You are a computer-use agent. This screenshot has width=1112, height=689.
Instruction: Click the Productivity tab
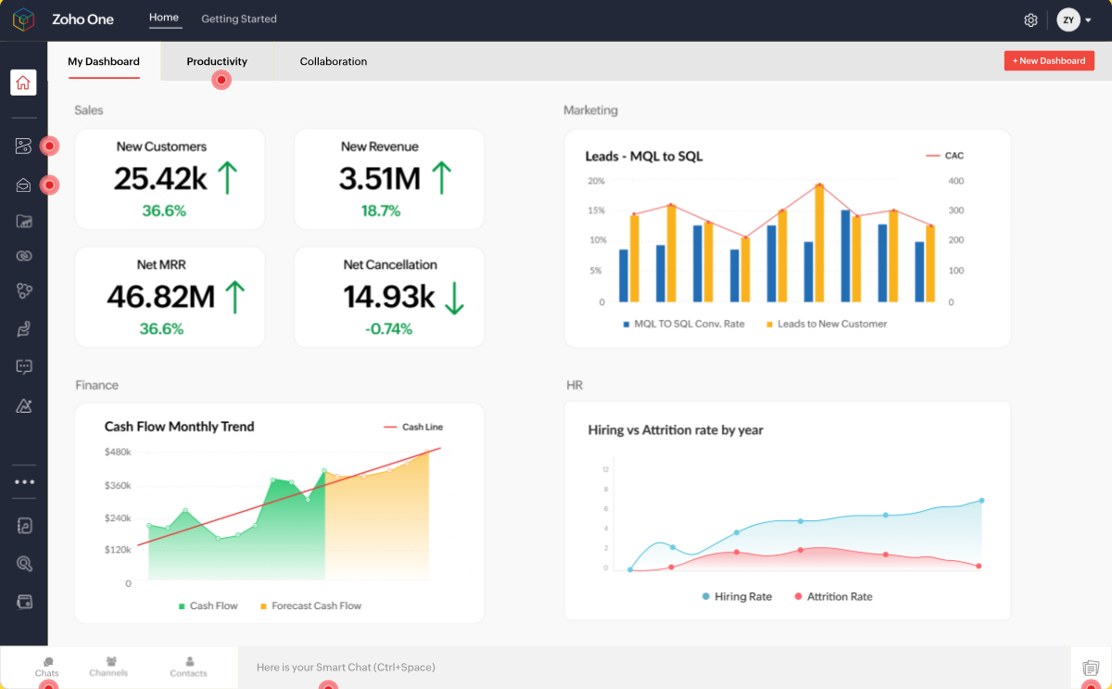click(217, 61)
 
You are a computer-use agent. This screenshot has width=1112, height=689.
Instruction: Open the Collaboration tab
click(334, 61)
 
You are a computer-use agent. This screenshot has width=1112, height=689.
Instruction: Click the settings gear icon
click(1030, 19)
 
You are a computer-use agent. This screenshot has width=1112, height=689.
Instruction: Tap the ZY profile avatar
click(1068, 19)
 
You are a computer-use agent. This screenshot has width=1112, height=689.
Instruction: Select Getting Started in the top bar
click(239, 19)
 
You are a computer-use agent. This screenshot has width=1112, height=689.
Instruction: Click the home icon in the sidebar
click(23, 83)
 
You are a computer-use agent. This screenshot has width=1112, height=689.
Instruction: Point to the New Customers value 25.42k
click(160, 178)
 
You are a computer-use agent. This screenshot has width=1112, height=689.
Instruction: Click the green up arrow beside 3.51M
click(442, 177)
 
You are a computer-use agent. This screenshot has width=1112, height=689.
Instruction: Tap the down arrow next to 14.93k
click(453, 296)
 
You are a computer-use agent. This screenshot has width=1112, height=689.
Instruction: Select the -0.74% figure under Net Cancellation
click(388, 329)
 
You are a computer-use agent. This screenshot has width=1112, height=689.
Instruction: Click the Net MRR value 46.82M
click(160, 296)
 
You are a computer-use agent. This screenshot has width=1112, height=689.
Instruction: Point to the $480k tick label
click(118, 452)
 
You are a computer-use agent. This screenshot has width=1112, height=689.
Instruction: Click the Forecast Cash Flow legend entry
click(316, 606)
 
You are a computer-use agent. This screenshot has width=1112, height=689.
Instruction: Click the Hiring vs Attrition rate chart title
click(676, 430)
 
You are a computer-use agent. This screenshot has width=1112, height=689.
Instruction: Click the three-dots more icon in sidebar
click(24, 481)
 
